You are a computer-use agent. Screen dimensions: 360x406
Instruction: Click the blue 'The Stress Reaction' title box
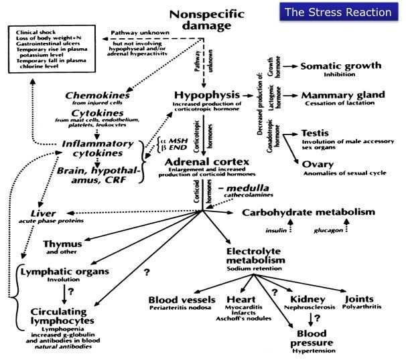tap(348, 12)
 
